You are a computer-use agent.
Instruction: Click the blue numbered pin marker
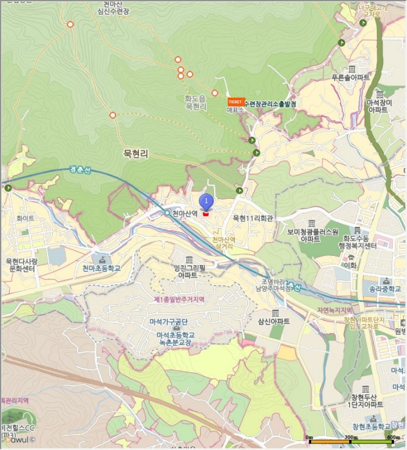(x=206, y=202)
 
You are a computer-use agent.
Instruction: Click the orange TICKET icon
(x=235, y=102)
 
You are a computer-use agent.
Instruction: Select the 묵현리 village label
(x=136, y=154)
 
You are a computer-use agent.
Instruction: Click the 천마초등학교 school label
(x=102, y=268)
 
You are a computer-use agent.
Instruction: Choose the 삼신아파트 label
(x=274, y=321)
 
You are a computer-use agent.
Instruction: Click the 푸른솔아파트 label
(x=350, y=77)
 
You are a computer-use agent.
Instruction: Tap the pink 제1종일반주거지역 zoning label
(x=178, y=300)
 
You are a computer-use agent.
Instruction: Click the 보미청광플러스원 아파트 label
(x=312, y=234)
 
